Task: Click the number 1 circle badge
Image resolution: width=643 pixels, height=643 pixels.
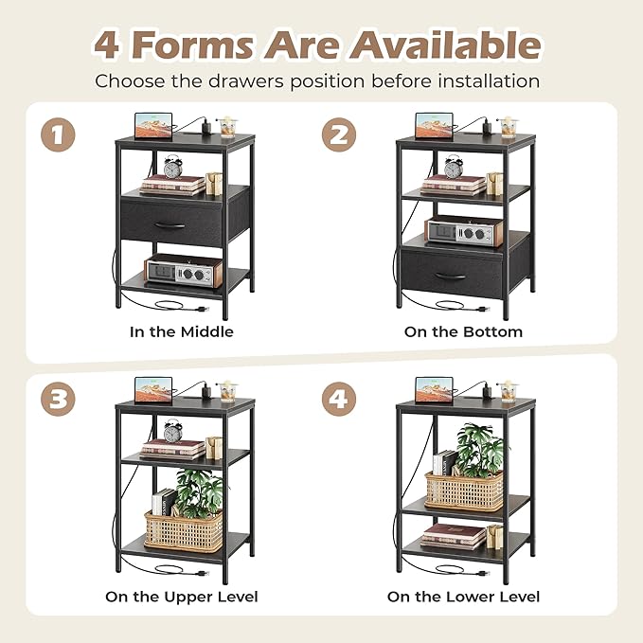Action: coord(58,134)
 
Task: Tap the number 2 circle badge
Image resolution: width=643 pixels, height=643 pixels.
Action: coord(339,134)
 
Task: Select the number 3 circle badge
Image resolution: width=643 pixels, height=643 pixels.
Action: coord(58,399)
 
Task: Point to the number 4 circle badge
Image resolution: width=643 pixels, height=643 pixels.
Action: coord(339,399)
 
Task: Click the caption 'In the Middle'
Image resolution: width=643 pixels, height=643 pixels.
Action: coord(182,331)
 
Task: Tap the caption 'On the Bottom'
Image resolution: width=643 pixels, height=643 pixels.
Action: coord(463,331)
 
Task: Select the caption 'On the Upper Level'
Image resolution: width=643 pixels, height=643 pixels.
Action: coord(182,597)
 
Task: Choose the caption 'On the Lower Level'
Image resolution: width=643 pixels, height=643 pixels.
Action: coord(463,597)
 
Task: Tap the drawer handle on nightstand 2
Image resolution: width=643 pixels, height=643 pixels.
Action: coord(450,277)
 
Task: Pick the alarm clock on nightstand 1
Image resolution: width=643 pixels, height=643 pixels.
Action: coord(172,167)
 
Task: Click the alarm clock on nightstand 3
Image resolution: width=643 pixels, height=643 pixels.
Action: coord(172,431)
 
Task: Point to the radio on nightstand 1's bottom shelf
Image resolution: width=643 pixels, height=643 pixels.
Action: coord(184,270)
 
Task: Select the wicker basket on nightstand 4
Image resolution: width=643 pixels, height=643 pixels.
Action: coord(464,491)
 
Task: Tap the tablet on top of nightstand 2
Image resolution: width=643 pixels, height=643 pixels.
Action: coord(435,126)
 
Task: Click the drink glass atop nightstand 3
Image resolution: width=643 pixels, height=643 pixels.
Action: coord(227,392)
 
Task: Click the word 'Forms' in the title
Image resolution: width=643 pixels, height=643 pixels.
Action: coord(194,45)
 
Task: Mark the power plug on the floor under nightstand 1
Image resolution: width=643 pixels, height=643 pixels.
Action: coord(202,309)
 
